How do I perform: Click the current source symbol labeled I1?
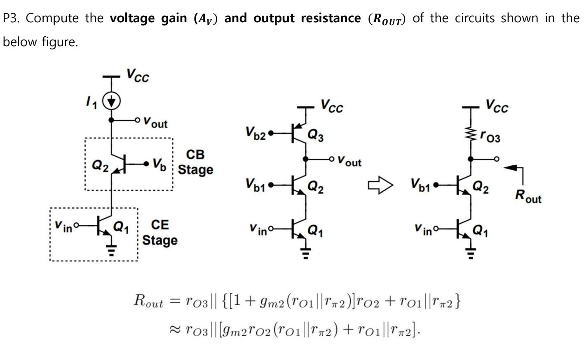tap(111, 101)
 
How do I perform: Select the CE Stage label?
tap(160, 233)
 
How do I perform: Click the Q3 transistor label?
tap(316, 135)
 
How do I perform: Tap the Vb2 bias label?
tap(256, 133)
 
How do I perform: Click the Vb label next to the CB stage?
tap(159, 164)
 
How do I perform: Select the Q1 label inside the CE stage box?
tap(121, 226)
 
